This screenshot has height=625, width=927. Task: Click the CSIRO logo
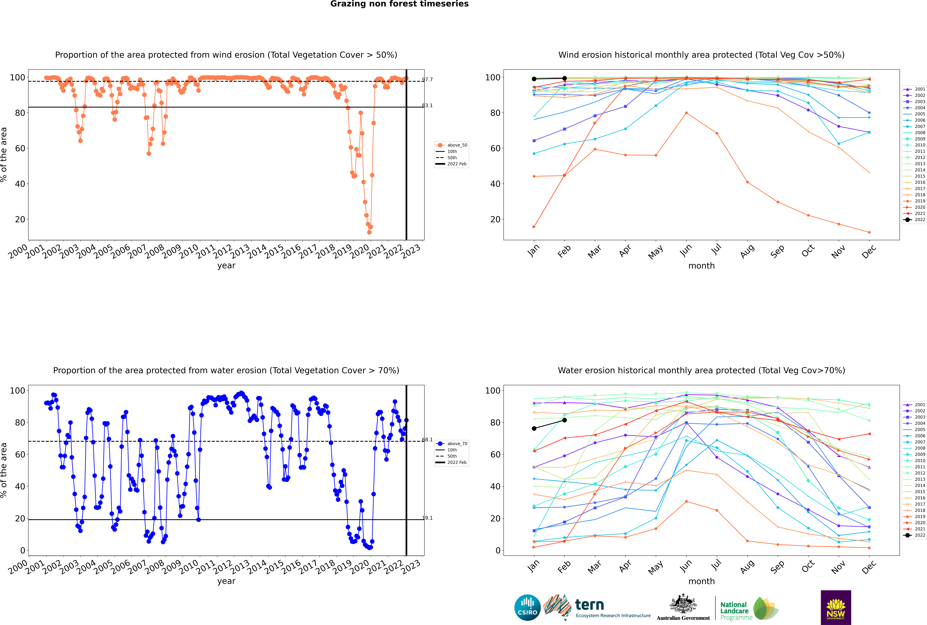(x=527, y=607)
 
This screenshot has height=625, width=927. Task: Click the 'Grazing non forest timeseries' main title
(x=399, y=4)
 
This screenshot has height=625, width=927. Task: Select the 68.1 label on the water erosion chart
(x=427, y=440)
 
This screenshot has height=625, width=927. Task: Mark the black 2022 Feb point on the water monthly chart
(x=564, y=420)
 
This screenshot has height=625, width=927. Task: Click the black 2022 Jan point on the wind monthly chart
(x=534, y=79)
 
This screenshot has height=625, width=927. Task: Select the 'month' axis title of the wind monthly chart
(x=701, y=266)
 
